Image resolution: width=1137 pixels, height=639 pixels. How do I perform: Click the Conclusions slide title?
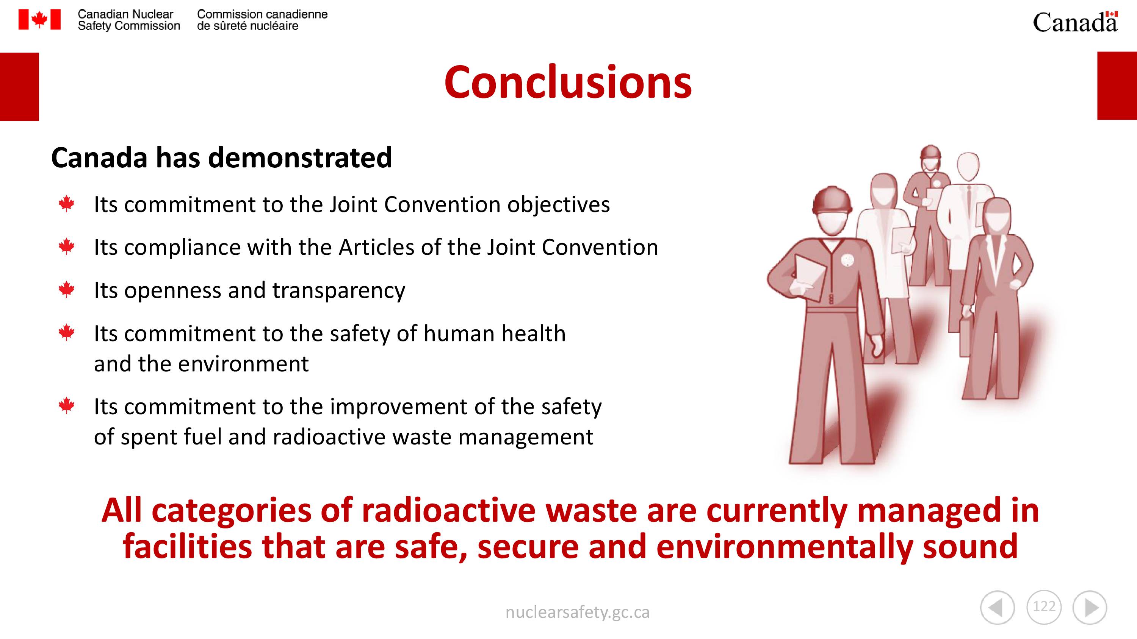tap(568, 83)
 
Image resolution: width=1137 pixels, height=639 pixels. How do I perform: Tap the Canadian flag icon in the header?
tap(39, 20)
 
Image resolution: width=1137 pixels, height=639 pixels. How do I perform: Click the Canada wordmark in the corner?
tap(1075, 22)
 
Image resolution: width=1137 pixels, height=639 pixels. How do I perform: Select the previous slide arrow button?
tap(997, 608)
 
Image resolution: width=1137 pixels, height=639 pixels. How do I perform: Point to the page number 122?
tap(1044, 606)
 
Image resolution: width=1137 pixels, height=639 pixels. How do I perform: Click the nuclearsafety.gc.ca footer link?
tap(577, 613)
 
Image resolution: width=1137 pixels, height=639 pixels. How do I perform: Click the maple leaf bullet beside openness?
tap(67, 290)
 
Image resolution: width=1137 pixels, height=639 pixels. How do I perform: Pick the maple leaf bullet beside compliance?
tap(67, 246)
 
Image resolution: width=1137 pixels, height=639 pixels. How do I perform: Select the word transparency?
tap(338, 291)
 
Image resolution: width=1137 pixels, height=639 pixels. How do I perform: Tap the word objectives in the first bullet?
tap(558, 205)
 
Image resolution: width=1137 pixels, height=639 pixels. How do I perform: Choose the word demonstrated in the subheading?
tap(300, 157)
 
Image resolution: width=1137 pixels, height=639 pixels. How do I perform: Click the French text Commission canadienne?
tap(262, 14)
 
